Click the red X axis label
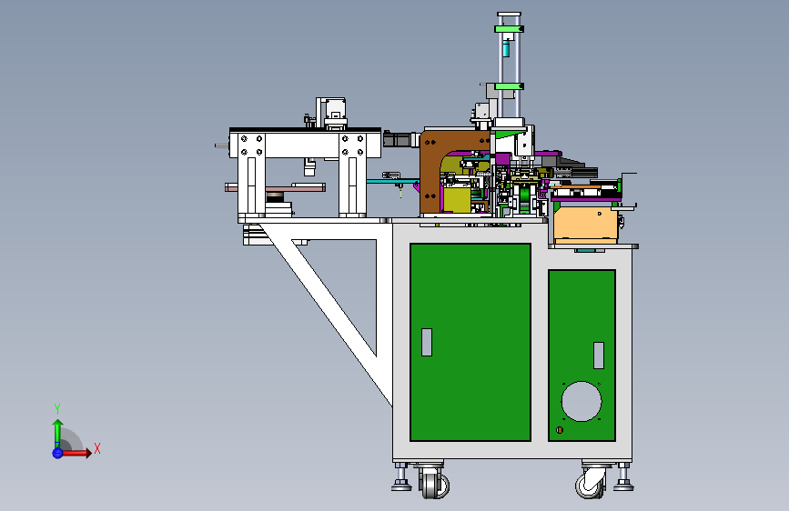pos(97,448)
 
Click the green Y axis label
pos(57,409)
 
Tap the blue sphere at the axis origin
pos(57,453)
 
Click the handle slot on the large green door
pos(427,342)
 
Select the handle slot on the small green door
pos(599,356)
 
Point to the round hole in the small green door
pos(582,401)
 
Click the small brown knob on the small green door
pos(559,430)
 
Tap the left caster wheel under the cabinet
pos(434,484)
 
